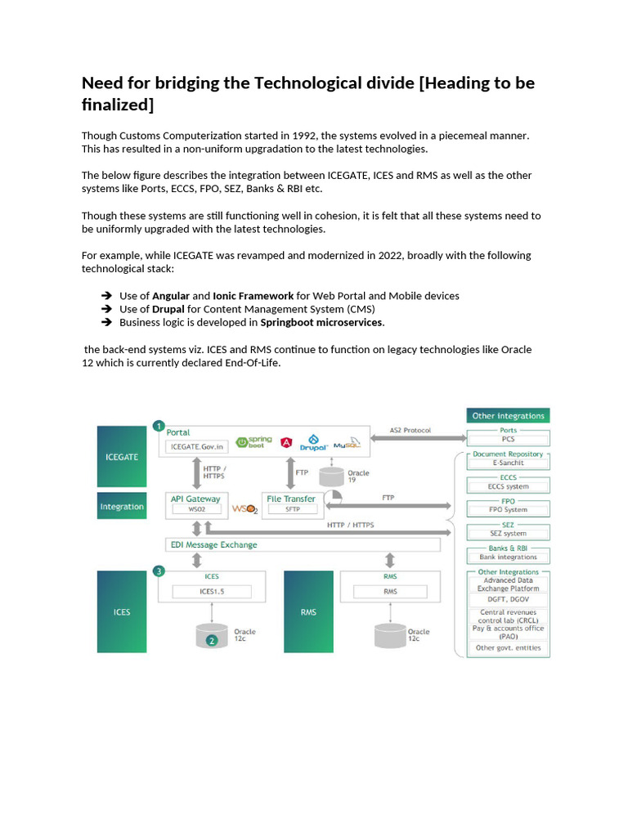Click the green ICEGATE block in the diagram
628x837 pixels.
122,456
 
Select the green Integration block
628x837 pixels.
122,507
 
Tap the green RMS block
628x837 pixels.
308,611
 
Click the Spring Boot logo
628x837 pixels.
254,441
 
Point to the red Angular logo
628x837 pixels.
286,442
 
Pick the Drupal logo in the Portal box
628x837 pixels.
314,442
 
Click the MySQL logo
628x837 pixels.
346,442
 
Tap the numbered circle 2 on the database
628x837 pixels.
211,641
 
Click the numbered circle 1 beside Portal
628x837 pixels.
159,426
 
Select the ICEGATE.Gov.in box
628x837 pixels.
196,447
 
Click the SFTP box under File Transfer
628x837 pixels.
293,509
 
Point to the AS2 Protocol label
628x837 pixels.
410,430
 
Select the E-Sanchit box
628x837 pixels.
509,463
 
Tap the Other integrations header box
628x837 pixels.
508,416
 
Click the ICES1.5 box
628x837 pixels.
211,591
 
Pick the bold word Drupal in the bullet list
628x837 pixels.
168,309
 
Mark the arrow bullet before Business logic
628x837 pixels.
105,322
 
